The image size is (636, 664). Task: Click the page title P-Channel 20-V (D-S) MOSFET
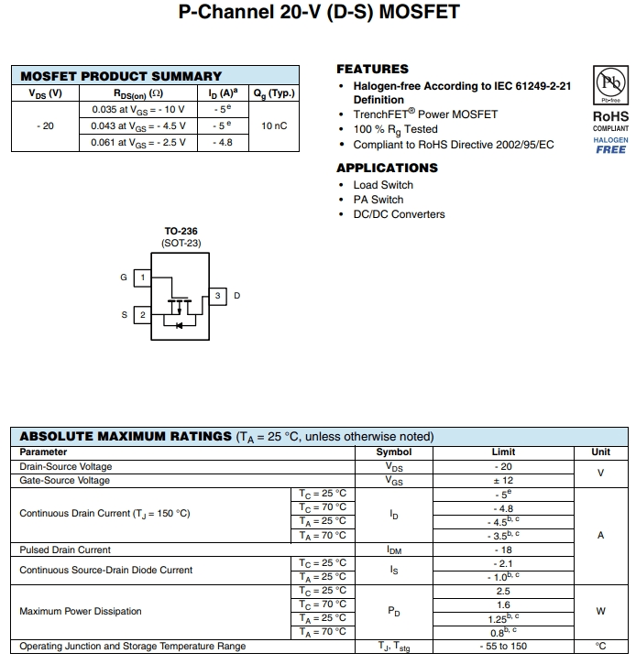tap(318, 13)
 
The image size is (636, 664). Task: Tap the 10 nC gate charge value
tap(274, 125)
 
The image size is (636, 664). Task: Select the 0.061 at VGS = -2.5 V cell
tap(138, 142)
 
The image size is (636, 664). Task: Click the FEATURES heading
tap(372, 69)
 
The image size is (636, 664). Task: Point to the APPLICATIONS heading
tap(387, 168)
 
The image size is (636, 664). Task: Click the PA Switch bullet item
tap(378, 200)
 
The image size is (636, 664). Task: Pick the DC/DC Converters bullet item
tap(399, 214)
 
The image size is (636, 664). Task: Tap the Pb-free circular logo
tap(610, 83)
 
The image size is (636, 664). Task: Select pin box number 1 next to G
tap(142, 278)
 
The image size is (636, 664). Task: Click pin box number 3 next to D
tap(218, 296)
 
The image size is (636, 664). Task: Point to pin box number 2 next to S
tap(142, 315)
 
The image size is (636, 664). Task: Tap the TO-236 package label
tap(181, 232)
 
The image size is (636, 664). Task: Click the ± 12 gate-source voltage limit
tap(502, 481)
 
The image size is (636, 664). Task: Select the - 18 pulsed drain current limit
tap(502, 550)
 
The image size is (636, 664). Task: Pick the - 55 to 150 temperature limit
tap(502, 647)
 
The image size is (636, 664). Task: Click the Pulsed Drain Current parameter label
tap(65, 550)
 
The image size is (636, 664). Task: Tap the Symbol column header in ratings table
tap(394, 452)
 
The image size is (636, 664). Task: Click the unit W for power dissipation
tap(600, 612)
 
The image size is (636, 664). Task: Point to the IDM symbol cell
tap(394, 550)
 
